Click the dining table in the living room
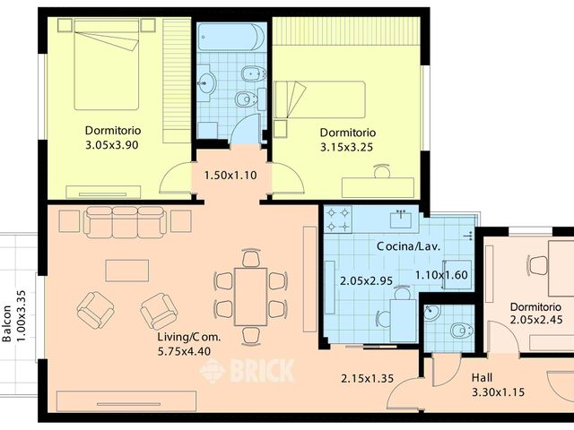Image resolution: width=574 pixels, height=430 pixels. (x=250, y=295)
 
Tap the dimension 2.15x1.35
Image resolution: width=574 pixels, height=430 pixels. (x=367, y=379)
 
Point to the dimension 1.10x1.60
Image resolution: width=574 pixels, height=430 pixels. (x=441, y=275)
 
